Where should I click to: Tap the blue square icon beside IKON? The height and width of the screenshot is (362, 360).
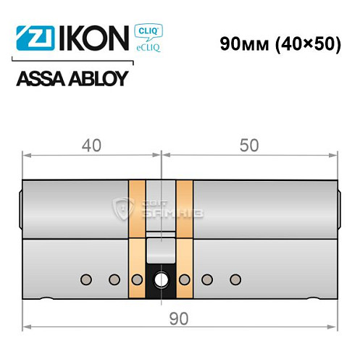(x=28, y=38)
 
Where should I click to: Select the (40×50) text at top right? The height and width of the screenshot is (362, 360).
(x=309, y=43)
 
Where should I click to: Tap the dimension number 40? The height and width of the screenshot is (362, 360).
(x=91, y=146)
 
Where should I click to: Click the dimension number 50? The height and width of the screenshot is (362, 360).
(x=248, y=146)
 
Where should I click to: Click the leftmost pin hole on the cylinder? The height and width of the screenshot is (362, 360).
(x=86, y=279)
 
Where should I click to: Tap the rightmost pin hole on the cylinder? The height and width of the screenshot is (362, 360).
(x=233, y=279)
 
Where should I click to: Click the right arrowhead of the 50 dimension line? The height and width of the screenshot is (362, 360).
(x=334, y=154)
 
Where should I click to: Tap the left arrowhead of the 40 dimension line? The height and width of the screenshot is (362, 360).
(x=27, y=154)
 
